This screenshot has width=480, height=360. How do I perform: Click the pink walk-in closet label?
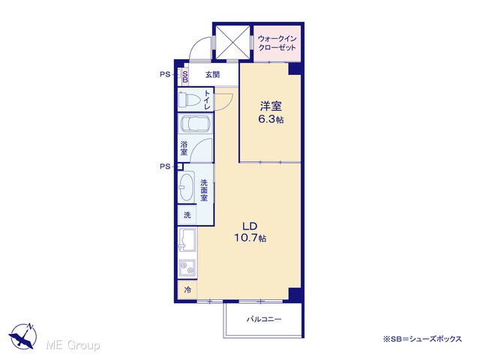(277, 43)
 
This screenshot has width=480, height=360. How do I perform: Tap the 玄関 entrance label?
(212, 74)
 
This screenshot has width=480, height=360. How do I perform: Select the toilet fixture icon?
(189, 100)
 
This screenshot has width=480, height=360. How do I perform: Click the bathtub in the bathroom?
(195, 123)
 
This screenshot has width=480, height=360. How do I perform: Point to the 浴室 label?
(184, 148)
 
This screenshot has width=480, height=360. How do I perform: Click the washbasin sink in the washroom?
(186, 187)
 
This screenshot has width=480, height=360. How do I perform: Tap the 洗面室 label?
(204, 190)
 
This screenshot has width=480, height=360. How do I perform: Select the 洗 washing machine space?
(187, 215)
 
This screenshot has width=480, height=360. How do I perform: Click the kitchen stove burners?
(187, 268)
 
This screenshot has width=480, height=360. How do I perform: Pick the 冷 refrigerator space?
(187, 289)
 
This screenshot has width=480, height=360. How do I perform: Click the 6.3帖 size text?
(271, 119)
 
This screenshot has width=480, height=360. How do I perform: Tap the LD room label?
(250, 226)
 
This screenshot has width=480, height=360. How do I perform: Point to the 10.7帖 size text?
(250, 238)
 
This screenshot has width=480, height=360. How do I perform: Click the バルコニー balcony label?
(264, 319)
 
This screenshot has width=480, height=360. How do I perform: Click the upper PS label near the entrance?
(165, 74)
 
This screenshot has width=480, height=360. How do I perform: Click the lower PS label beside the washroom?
(165, 166)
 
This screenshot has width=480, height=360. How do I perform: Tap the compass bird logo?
(22, 336)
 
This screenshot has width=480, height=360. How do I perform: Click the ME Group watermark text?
(73, 345)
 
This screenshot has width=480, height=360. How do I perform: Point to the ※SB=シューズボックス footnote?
(422, 339)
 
